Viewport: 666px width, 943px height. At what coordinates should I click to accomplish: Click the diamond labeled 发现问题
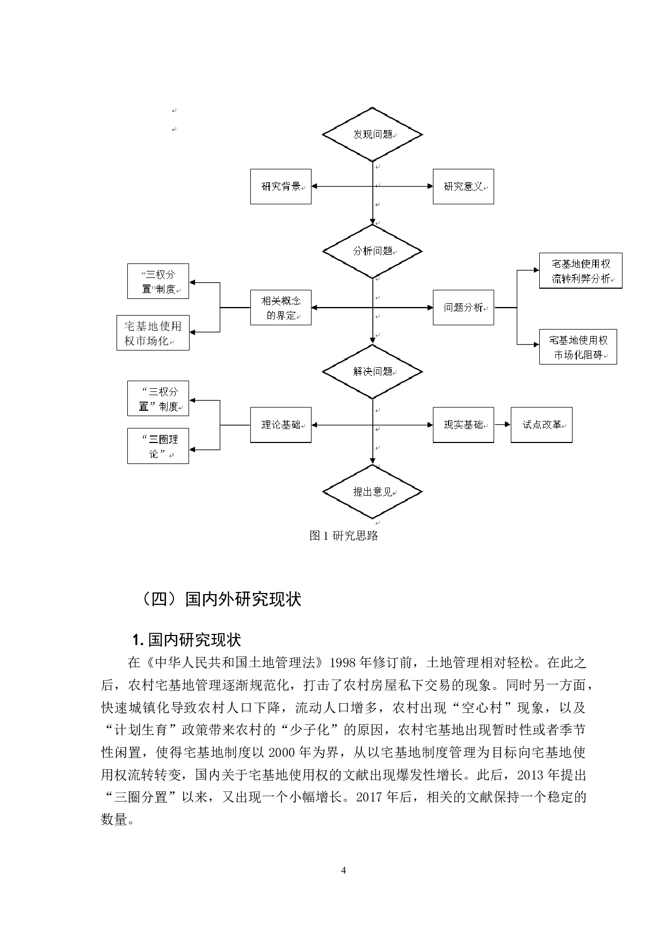[372, 134]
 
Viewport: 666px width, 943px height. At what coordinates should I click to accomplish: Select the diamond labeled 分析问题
[372, 251]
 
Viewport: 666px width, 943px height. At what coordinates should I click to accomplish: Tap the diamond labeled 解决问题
[372, 372]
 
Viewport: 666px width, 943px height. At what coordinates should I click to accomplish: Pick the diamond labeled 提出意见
[372, 492]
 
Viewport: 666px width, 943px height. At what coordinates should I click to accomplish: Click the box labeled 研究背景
[281, 187]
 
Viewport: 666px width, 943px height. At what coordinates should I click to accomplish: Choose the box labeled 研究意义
[463, 187]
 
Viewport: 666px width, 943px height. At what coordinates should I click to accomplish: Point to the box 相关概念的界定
[281, 308]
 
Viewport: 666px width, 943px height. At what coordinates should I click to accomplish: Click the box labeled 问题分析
[463, 308]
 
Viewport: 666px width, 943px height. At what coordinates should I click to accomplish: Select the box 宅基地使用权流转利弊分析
[580, 271]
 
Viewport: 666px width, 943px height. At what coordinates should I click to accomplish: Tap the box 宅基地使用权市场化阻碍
[578, 347]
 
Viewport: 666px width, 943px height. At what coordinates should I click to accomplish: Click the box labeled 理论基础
[281, 425]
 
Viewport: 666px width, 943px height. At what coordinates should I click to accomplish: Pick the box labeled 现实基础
[463, 425]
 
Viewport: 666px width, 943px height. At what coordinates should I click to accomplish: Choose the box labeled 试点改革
[541, 425]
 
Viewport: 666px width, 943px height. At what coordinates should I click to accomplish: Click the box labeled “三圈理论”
[158, 446]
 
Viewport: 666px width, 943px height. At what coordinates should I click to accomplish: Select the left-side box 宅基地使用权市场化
[153, 333]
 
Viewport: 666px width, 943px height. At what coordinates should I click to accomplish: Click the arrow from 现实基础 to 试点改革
[502, 425]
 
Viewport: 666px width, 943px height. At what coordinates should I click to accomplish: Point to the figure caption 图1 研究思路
[344, 535]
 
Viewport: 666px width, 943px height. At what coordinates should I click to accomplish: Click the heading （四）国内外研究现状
[220, 599]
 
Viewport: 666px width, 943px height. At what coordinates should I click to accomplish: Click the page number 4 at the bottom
[344, 871]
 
